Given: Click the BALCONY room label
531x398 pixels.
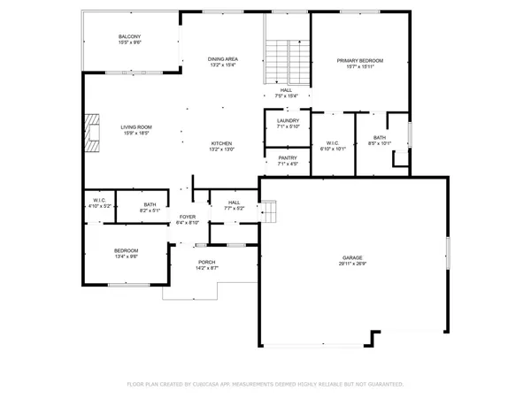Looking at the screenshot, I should (x=130, y=36).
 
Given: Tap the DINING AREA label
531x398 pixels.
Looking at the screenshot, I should (x=223, y=58).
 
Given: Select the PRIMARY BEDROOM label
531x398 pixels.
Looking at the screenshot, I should (x=359, y=60).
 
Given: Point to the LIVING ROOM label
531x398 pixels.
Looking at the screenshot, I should (x=136, y=127).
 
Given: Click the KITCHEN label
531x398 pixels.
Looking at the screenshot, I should (x=221, y=143).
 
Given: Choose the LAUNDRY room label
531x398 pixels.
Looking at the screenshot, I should (x=288, y=120).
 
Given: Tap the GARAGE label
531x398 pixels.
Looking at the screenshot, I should (x=351, y=257).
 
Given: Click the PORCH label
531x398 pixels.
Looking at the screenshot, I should (x=207, y=262).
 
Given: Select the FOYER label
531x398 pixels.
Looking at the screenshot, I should (x=188, y=217).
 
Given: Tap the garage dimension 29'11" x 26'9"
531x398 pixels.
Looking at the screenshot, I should (x=351, y=264).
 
